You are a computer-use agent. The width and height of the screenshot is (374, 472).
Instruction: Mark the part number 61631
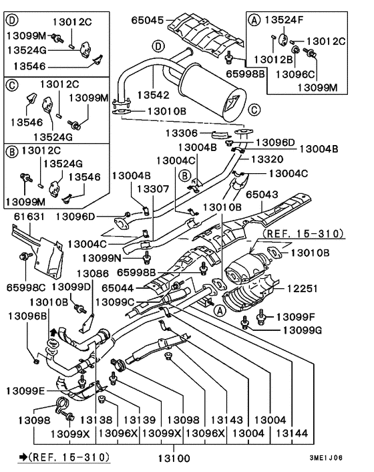[29, 217]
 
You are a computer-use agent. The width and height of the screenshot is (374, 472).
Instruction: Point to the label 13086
[92, 273]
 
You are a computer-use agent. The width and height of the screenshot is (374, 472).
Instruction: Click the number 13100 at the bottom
[174, 459]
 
